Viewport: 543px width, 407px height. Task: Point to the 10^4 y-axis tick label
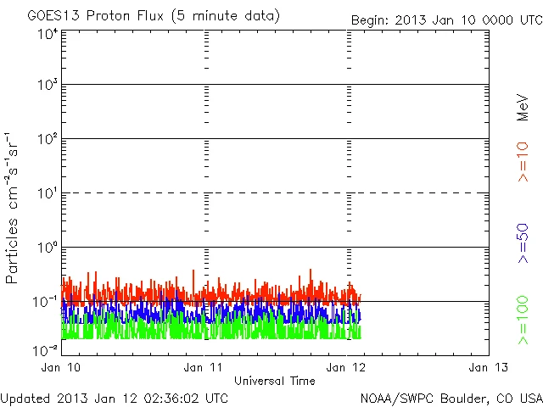[x=48, y=34]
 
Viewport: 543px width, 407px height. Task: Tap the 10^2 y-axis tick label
[x=48, y=140]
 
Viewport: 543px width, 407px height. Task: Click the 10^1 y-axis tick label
[x=48, y=194]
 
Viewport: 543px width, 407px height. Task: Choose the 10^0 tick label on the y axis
[x=48, y=248]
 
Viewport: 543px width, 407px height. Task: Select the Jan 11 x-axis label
[x=204, y=367]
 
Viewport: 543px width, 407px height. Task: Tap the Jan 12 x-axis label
[x=347, y=367]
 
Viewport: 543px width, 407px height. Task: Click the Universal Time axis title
[x=275, y=381]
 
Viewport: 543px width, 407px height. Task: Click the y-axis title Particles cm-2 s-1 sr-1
[x=13, y=208]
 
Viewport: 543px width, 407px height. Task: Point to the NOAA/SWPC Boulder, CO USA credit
[x=451, y=398]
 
